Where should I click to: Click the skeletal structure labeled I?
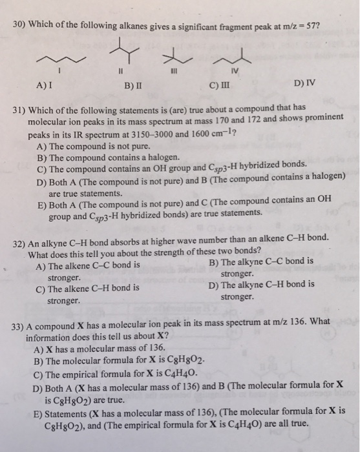click(59, 59)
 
